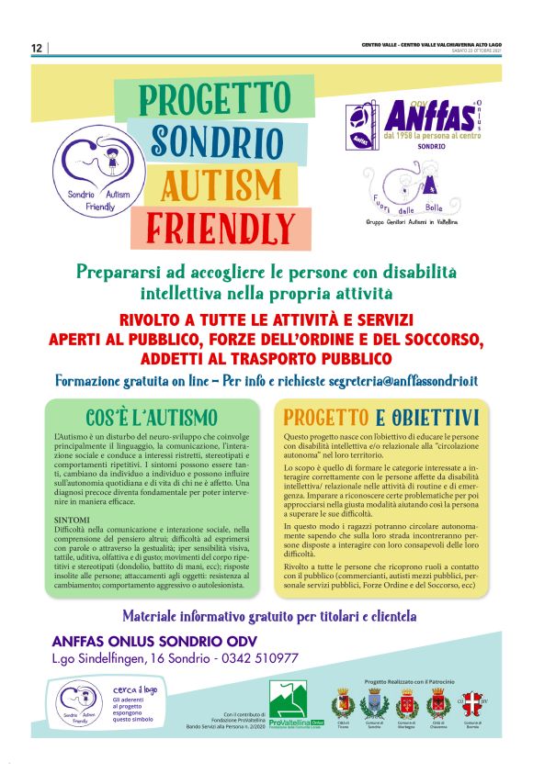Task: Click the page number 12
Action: pyautogui.click(x=37, y=49)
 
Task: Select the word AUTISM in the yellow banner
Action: pyautogui.click(x=221, y=184)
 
